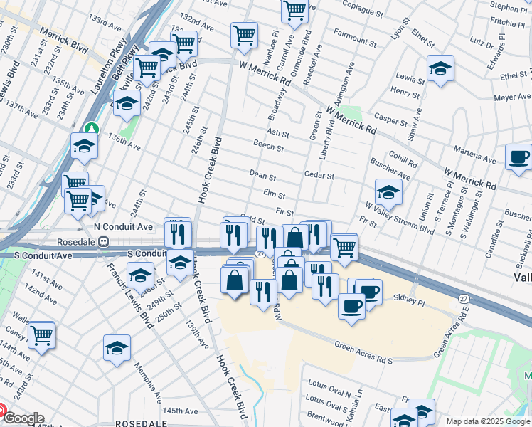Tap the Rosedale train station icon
click(x=104, y=241)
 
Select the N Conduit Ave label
click(x=124, y=226)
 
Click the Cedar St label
click(x=319, y=175)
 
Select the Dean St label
click(x=262, y=174)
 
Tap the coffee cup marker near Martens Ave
click(x=518, y=157)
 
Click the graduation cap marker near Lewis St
click(x=440, y=69)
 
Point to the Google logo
click(x=23, y=418)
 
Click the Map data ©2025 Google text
click(x=488, y=421)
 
